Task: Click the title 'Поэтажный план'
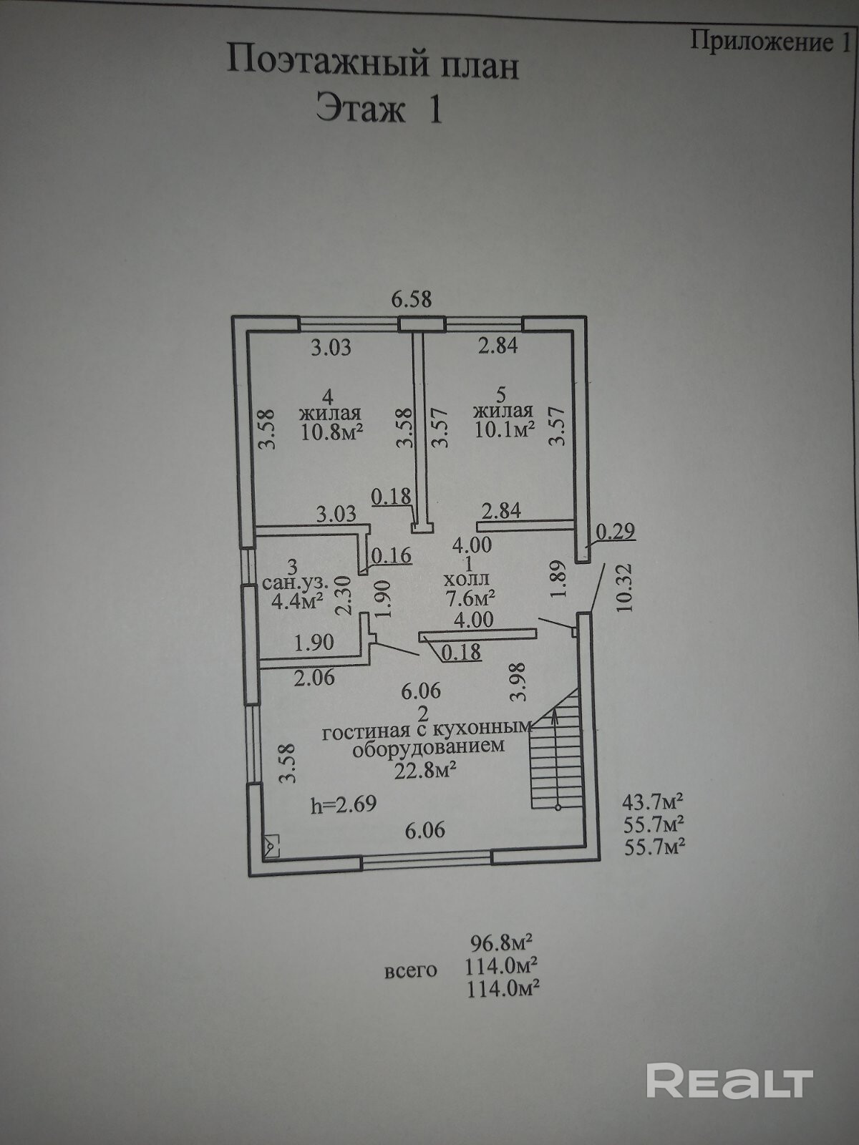pos(372,63)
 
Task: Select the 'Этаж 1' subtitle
pos(379,111)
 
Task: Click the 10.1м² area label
pos(505,429)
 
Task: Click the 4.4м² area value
pos(296,600)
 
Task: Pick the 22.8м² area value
pos(425,771)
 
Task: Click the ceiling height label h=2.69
pos(343,804)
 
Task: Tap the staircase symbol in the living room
pos(556,751)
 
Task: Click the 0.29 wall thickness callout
pos(615,530)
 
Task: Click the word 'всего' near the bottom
pos(411,971)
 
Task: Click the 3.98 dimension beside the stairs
pos(519,681)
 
